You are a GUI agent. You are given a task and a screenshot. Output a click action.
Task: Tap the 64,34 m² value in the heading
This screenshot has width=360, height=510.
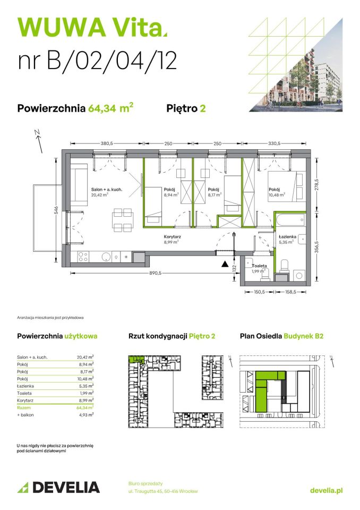[x=110, y=108]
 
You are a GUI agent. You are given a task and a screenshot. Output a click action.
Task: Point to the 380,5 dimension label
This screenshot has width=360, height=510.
[x=107, y=143]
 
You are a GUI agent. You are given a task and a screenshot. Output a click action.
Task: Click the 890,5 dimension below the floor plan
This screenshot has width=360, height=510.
[x=153, y=273]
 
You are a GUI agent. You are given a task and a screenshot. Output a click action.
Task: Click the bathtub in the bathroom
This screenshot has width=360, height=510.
[x=290, y=219]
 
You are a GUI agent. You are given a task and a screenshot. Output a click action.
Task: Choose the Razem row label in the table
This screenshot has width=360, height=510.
[x=24, y=407]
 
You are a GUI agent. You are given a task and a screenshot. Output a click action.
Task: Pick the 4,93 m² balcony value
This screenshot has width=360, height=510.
[x=85, y=414]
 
